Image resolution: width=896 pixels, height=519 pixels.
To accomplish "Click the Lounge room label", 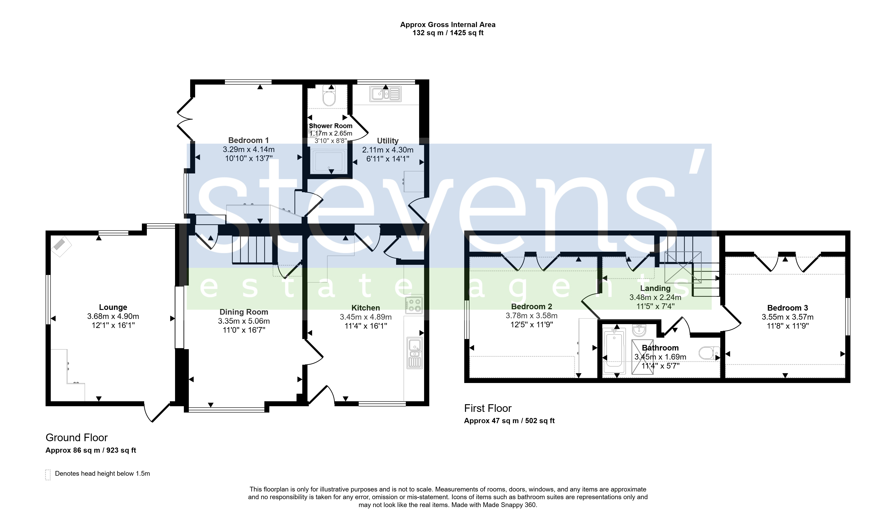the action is [x=113, y=307].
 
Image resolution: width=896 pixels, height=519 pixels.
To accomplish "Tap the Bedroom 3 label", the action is [x=787, y=308].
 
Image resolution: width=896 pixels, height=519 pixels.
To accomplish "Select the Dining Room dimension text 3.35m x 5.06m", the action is [x=244, y=321].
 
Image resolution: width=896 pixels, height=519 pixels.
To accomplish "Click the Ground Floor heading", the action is [x=76, y=438].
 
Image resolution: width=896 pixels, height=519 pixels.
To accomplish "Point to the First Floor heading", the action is [x=488, y=408].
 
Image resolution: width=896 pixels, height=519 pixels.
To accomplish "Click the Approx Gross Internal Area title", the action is [x=448, y=25].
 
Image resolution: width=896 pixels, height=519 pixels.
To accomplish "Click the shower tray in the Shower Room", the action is [x=328, y=161].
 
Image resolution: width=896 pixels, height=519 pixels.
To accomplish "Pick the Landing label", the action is [x=655, y=288].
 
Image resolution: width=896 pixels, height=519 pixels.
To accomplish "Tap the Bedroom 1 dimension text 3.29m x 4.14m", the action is [x=249, y=149].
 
